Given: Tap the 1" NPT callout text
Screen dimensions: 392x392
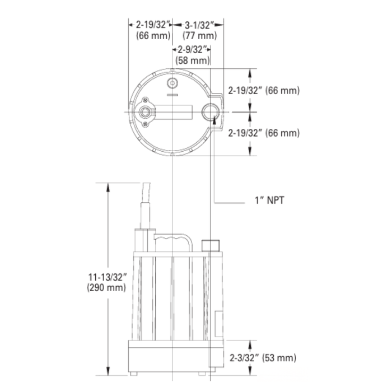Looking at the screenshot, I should (269, 199).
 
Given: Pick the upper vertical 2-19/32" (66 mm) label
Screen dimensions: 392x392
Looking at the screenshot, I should (264, 90).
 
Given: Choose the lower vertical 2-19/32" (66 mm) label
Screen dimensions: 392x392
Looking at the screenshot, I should (264, 133).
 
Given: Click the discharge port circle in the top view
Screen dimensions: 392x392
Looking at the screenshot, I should (211, 112).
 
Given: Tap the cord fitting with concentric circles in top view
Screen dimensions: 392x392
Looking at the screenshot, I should (146, 112).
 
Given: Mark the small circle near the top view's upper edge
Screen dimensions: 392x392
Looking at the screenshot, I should (172, 84).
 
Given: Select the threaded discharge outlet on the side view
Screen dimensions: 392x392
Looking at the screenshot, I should (209, 245).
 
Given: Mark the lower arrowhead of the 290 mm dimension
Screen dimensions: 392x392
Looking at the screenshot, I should (106, 372).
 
